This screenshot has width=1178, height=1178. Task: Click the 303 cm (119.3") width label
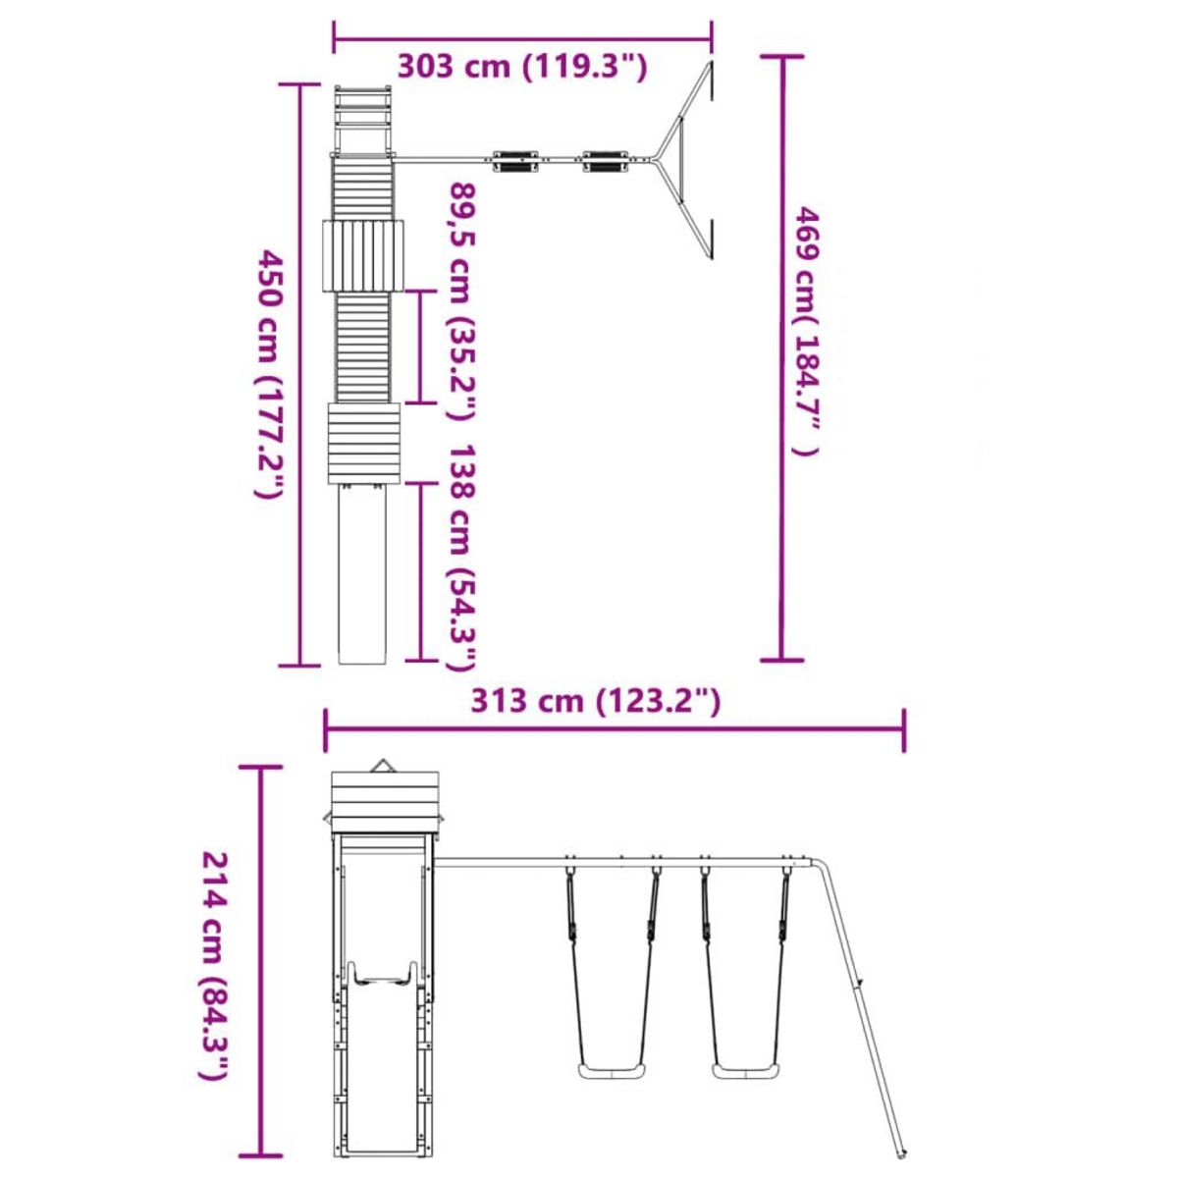[x=521, y=66]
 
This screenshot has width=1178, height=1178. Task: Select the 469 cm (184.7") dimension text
[x=806, y=331]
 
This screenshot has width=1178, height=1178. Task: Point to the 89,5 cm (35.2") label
[x=462, y=300]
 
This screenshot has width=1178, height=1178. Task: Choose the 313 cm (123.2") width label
[x=595, y=701]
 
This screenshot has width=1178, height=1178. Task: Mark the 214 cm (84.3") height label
[x=215, y=949]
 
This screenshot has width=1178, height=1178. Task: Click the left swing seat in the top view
[x=516, y=161]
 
